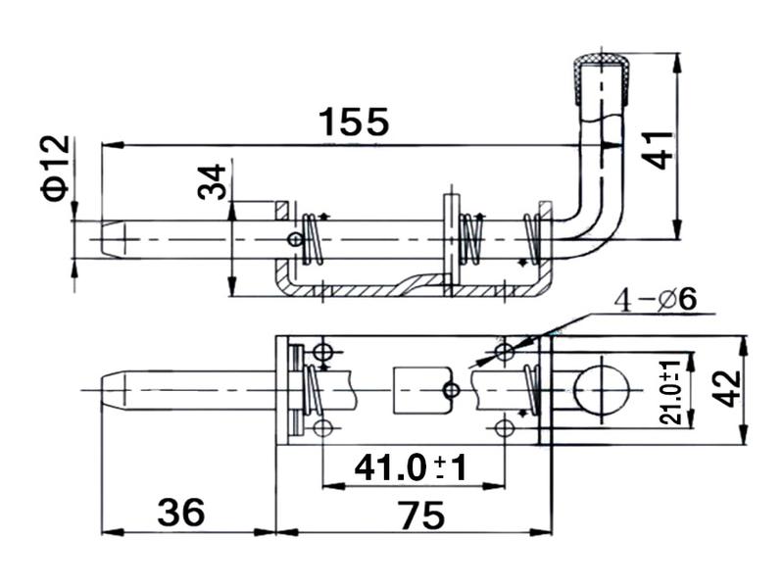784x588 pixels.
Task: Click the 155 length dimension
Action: [354, 122]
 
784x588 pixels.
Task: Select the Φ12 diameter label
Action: [56, 168]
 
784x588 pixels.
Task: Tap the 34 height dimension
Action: [213, 181]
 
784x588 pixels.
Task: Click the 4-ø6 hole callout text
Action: [654, 300]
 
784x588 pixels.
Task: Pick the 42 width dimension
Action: [726, 387]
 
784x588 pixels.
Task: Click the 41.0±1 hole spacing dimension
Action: [410, 467]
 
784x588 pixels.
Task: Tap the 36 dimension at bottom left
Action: [181, 512]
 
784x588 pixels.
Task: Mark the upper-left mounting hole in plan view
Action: [322, 352]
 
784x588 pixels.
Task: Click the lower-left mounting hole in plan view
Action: [322, 427]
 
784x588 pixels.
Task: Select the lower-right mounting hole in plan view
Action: [505, 427]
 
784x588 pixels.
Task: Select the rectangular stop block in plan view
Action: [419, 391]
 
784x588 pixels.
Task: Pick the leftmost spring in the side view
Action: [314, 239]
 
